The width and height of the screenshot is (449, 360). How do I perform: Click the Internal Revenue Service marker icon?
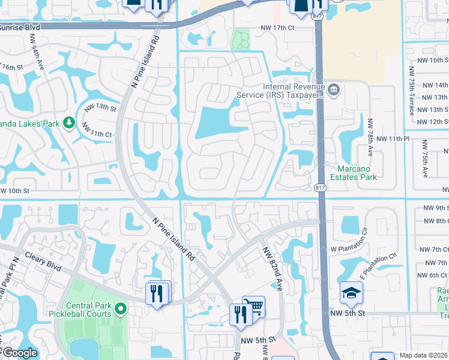334,91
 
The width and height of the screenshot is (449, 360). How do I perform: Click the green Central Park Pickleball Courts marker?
121,309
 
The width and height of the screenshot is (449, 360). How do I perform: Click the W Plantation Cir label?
357,247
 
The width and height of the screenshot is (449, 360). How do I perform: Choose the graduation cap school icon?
351,293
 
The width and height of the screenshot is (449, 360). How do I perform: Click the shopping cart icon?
255,307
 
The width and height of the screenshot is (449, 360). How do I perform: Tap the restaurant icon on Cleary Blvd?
157,293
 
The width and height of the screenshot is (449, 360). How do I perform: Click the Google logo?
19,353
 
